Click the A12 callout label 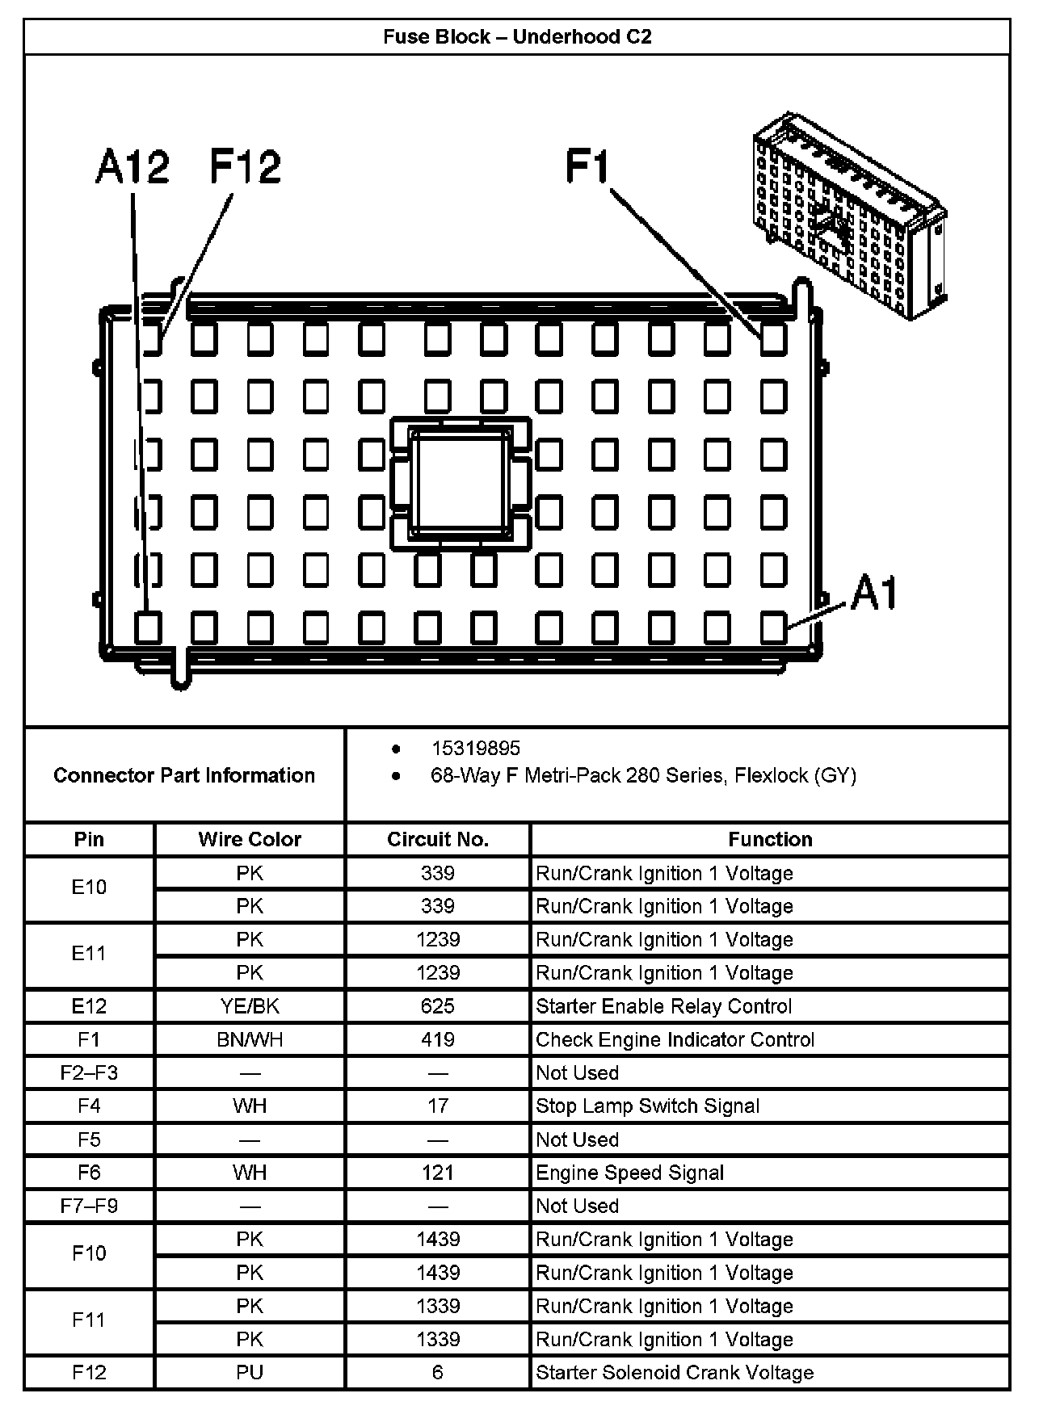pos(132,167)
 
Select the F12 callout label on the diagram pos(246,167)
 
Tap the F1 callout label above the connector pos(587,167)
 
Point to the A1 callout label pos(874,594)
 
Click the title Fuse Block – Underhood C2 pos(517,37)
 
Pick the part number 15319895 pos(476,749)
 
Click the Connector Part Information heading pos(184,775)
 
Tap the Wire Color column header pos(250,840)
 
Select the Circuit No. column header pos(438,840)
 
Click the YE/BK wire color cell pos(250,1006)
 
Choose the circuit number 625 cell pos(438,1006)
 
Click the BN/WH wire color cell pos(250,1039)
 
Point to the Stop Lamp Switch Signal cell pos(648,1106)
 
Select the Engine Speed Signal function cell pos(630,1173)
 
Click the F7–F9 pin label pos(89,1206)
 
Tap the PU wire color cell pos(250,1372)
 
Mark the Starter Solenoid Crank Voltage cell pos(675,1372)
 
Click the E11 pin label pos(89,954)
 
